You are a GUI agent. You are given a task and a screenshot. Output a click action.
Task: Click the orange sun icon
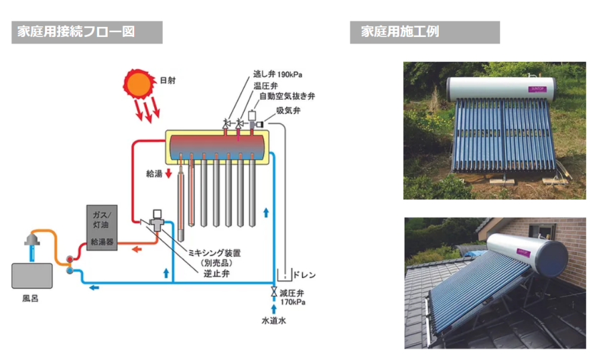point(138,84)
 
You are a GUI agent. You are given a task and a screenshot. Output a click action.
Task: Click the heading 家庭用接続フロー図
point(76,32)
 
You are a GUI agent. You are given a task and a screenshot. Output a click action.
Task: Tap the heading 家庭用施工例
point(400,32)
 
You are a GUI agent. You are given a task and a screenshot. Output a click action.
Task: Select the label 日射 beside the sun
point(167,80)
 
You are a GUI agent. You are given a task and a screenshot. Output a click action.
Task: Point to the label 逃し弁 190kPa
point(277,74)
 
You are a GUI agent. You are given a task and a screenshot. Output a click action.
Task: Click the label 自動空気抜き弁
point(287,96)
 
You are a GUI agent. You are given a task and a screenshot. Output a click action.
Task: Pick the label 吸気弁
point(288,111)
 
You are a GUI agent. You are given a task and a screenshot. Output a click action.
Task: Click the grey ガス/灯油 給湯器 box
point(102,228)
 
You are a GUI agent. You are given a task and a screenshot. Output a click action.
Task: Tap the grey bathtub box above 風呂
point(32,276)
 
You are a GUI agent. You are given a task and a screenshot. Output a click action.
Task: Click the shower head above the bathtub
point(32,239)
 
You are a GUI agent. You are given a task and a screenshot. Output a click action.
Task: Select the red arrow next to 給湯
point(168,174)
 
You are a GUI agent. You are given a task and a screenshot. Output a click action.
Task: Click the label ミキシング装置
point(214,253)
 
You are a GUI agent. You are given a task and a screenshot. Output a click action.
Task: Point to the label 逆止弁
point(217,274)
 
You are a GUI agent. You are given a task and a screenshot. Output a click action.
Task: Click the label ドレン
point(304,275)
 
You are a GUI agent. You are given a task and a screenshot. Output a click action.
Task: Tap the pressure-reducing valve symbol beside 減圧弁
point(274,292)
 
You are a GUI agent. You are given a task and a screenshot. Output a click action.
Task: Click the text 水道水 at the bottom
point(274,320)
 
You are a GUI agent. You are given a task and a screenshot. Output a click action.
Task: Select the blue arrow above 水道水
point(274,309)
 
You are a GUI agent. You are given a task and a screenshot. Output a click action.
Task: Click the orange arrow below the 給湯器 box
point(137,249)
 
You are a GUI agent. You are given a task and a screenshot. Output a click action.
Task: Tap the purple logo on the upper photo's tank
point(537,89)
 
